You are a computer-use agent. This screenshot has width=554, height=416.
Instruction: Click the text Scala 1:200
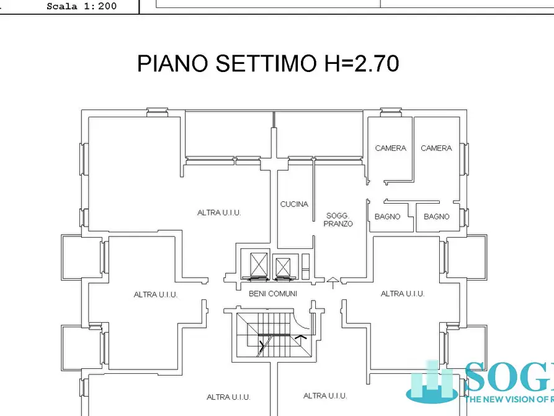pyautogui.click(x=81, y=7)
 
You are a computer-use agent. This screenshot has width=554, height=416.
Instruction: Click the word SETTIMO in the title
pyautogui.click(x=264, y=63)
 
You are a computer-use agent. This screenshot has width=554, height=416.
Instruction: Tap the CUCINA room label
pyautogui.click(x=294, y=204)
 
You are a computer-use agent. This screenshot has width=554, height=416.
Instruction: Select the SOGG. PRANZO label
pyautogui.click(x=339, y=220)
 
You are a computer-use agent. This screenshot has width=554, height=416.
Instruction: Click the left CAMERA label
pyautogui.click(x=391, y=148)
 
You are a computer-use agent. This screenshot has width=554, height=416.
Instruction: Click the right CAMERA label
pyautogui.click(x=436, y=148)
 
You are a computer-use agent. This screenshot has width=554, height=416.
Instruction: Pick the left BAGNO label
pyautogui.click(x=387, y=217)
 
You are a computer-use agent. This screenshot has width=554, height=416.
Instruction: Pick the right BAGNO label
pyautogui.click(x=437, y=217)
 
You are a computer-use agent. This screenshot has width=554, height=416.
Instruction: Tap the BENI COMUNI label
pyautogui.click(x=273, y=294)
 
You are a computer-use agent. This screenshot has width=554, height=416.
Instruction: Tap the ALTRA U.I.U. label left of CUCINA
pyautogui.click(x=219, y=213)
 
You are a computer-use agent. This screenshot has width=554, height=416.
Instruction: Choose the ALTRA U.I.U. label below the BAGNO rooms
pyautogui.click(x=402, y=294)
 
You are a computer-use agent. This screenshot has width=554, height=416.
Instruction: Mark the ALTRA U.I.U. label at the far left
pyautogui.click(x=156, y=295)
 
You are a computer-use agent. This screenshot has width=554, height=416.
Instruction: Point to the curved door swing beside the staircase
pyautogui.click(x=304, y=326)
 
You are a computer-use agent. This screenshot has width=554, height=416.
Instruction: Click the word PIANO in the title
pyautogui.click(x=172, y=63)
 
